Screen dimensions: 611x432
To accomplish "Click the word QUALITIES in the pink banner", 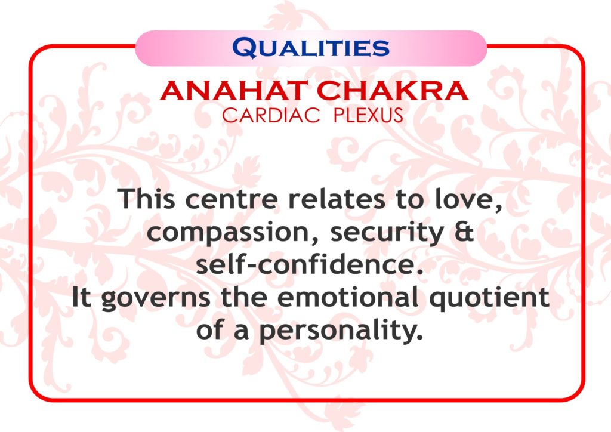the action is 310,48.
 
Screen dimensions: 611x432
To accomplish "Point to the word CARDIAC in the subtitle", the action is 271,115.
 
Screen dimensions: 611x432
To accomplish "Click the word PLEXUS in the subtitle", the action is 368,115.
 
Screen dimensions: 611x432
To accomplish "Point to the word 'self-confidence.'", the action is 310,264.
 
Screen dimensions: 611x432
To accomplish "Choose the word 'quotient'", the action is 489,298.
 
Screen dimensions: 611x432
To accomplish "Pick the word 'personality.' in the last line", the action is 341,331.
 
